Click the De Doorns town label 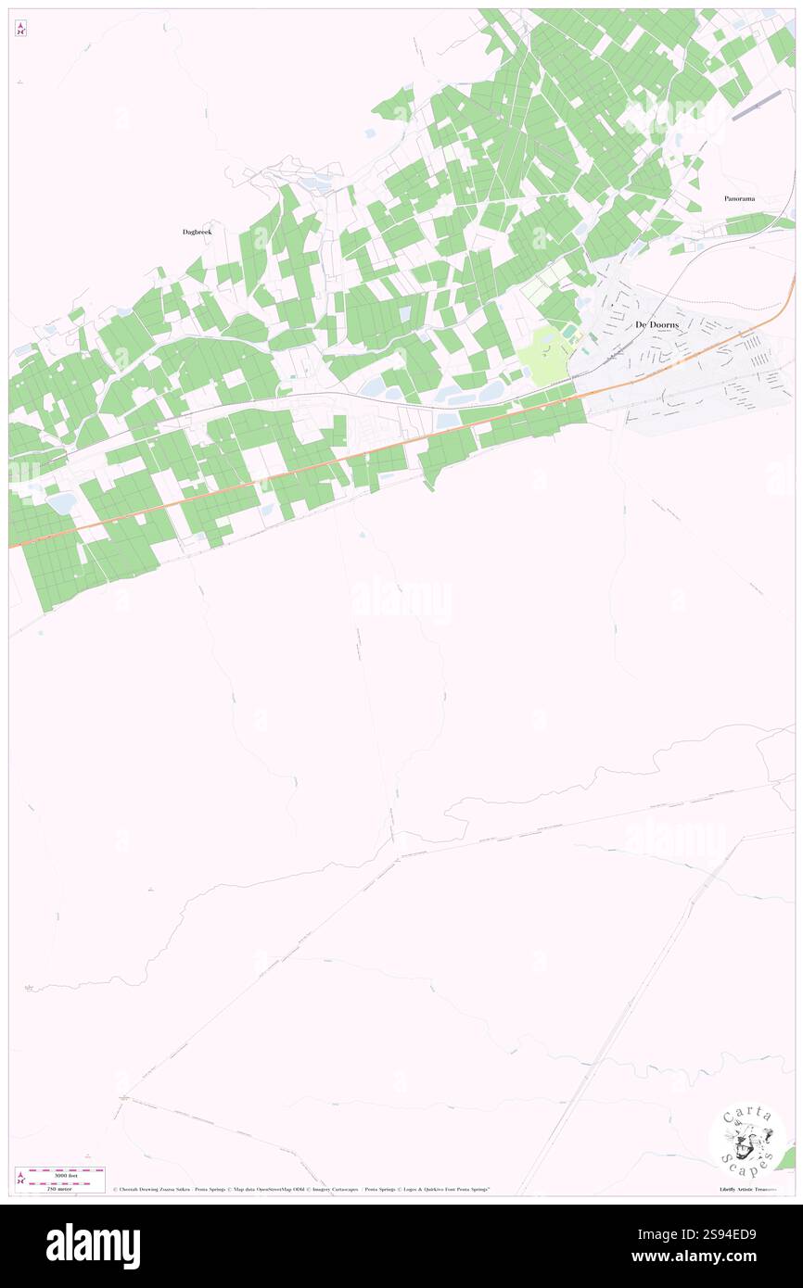656,323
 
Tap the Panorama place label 739,198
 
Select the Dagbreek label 197,232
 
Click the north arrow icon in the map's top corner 20,29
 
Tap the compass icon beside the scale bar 21,1178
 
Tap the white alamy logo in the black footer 93,1246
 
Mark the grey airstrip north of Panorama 758,107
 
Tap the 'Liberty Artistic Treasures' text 751,1189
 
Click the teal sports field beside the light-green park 567,331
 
